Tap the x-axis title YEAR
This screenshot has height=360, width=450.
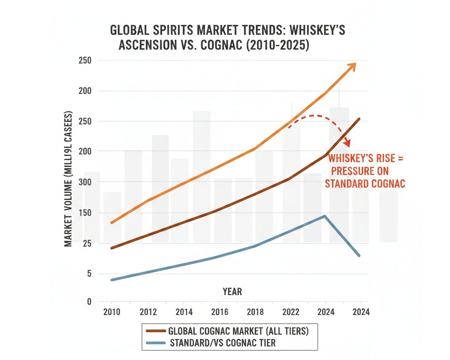point(232,291)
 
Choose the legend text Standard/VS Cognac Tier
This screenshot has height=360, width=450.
point(223,343)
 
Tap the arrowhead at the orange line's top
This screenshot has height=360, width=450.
point(352,66)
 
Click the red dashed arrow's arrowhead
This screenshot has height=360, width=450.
point(347,142)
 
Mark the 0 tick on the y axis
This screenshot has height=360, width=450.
point(89,302)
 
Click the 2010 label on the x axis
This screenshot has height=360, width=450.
point(112,312)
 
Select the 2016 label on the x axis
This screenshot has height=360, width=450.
point(219,312)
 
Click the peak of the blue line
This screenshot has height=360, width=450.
point(325,216)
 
